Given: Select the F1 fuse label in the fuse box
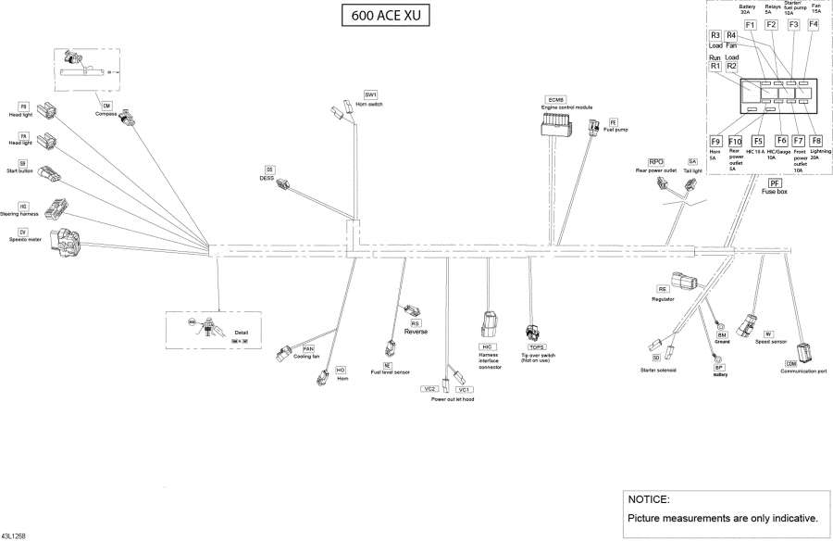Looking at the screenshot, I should click(x=750, y=25).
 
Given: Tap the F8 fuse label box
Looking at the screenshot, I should click(x=815, y=141).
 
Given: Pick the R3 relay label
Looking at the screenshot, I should click(x=715, y=35).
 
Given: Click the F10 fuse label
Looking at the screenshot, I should click(x=735, y=141).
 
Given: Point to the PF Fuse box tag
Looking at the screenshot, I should click(x=775, y=183).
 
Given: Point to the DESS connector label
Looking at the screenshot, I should click(x=269, y=170).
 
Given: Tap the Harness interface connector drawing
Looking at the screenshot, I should click(x=489, y=325).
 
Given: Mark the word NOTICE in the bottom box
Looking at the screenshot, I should click(x=648, y=499).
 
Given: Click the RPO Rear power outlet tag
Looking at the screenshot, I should click(x=656, y=162).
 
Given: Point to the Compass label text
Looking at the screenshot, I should click(x=106, y=114).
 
